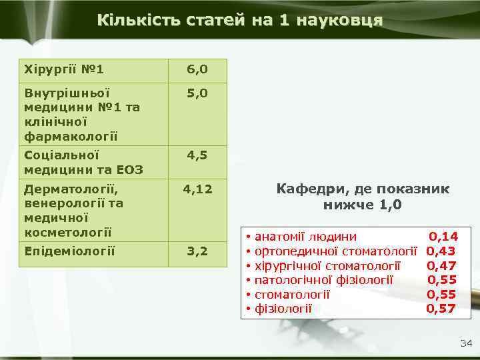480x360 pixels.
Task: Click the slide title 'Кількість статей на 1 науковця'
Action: click(x=239, y=19)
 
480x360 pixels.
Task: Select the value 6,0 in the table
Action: click(x=197, y=69)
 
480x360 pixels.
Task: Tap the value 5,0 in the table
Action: click(x=197, y=95)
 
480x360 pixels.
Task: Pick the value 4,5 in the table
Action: click(x=197, y=155)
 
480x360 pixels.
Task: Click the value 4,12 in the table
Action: click(x=197, y=189)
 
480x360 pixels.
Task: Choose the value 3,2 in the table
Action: click(x=197, y=251)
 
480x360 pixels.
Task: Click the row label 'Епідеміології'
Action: click(x=69, y=251)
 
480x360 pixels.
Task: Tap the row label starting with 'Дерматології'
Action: click(x=73, y=209)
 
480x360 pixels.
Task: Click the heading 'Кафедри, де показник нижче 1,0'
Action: click(x=363, y=197)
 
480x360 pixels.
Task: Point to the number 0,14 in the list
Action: click(x=443, y=236)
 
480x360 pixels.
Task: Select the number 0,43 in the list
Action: click(x=441, y=251)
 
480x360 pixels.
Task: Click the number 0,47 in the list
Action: click(x=441, y=265)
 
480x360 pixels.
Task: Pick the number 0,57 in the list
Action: click(x=441, y=308)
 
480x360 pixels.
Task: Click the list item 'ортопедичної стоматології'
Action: click(x=336, y=251)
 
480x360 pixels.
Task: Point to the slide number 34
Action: click(x=465, y=343)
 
